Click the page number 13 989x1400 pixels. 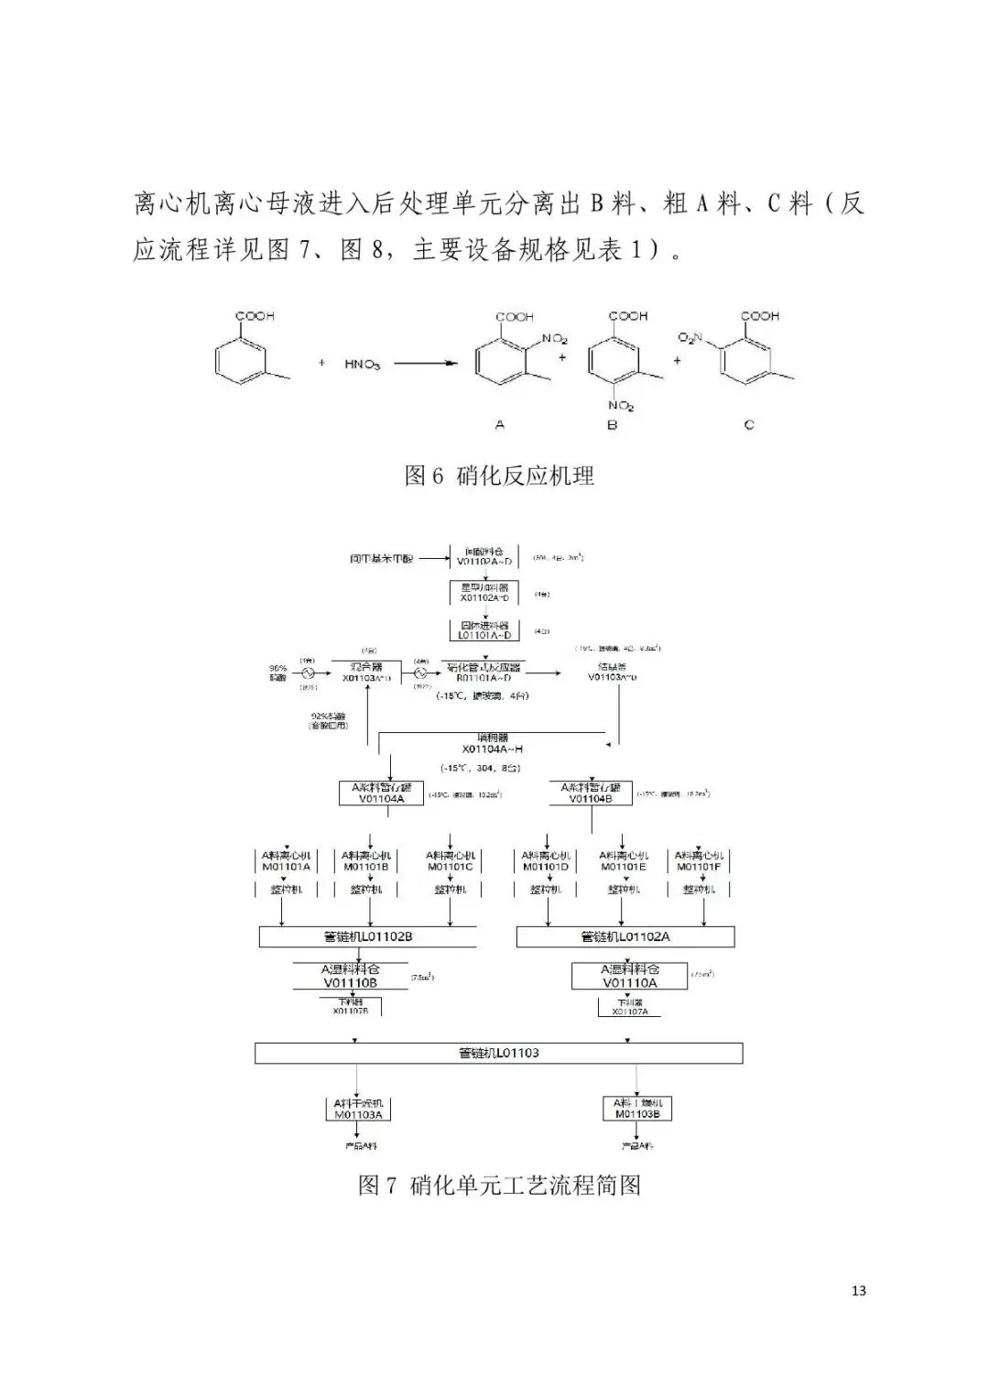coord(858,1291)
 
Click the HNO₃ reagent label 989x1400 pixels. coord(362,364)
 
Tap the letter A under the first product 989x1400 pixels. coord(499,425)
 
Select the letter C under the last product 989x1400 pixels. coord(748,425)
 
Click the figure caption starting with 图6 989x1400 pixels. coord(499,476)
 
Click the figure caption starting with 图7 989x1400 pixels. coord(499,1186)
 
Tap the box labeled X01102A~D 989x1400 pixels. coord(484,593)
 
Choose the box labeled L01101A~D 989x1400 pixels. coord(484,629)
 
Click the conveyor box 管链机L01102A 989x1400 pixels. coord(625,936)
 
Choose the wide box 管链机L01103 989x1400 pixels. coord(498,1053)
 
